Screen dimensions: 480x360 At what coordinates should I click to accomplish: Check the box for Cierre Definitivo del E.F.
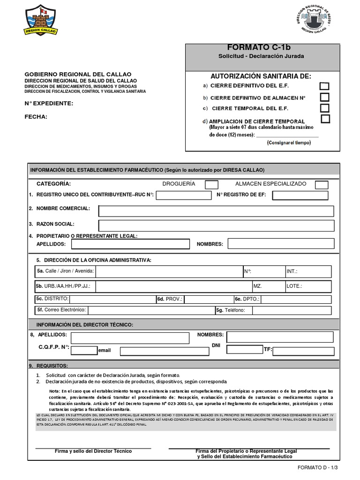(324, 86)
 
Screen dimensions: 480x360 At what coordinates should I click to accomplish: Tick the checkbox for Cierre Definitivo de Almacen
(324, 97)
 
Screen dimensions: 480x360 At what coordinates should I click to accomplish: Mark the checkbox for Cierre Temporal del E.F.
(324, 108)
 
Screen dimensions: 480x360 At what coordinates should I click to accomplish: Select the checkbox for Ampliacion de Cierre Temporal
(325, 119)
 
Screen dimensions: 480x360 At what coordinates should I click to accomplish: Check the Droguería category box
(212, 184)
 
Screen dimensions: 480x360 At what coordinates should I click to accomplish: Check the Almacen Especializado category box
(322, 184)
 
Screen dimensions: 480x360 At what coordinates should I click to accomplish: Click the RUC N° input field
(184, 195)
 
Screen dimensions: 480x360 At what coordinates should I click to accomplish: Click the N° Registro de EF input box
(300, 195)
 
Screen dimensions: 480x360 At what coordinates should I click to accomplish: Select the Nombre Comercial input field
(216, 211)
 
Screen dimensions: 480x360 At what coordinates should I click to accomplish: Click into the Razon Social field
(216, 225)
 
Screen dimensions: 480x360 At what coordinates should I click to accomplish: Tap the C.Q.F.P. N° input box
(84, 350)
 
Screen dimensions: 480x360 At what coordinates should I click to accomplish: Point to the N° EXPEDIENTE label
(49, 103)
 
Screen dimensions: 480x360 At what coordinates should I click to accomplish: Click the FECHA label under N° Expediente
(36, 117)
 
